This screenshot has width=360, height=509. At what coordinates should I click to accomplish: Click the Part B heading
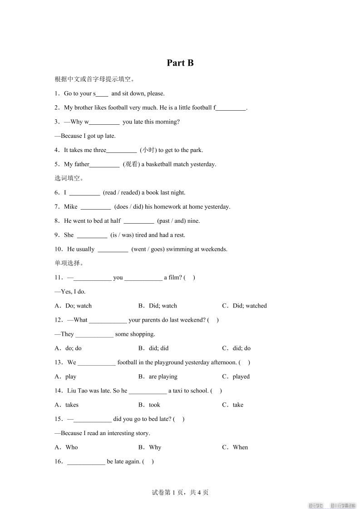coord(180,63)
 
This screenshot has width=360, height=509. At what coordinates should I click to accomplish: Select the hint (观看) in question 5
coord(131,164)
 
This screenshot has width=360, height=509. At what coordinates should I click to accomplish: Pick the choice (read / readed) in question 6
coord(122,192)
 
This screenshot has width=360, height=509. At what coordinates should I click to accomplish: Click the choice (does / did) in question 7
coord(129,206)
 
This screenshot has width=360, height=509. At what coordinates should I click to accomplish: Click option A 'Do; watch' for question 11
coord(78,306)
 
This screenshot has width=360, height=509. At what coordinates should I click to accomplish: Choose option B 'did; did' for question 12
coord(158,348)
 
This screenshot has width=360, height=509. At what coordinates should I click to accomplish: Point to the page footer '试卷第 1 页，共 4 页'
coord(180,492)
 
